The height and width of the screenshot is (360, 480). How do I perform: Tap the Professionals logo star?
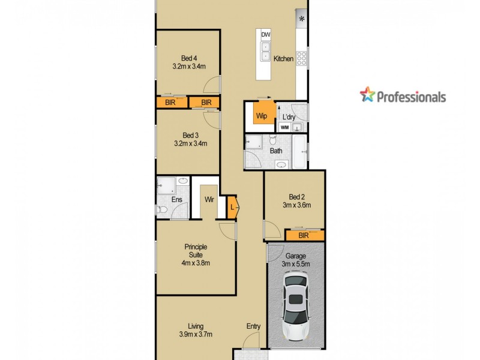(367, 95)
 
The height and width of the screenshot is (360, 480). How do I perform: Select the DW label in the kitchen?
(265, 35)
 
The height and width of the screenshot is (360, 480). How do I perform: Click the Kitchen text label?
(283, 59)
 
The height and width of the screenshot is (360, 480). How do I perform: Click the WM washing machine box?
(284, 127)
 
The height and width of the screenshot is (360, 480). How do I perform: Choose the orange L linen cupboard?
(233, 207)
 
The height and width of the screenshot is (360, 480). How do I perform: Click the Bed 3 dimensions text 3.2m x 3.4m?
(190, 144)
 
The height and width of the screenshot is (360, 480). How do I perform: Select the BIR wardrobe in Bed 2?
(304, 236)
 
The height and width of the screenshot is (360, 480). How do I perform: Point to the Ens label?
(177, 199)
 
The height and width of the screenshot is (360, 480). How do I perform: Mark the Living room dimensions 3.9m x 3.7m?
(196, 335)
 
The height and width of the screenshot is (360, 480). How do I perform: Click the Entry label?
(253, 326)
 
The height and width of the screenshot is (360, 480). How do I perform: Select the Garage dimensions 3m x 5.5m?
(296, 265)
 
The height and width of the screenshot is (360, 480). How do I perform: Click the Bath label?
(276, 151)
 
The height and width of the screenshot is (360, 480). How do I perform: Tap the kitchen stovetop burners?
(302, 58)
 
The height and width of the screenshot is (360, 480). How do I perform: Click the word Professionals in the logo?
(411, 97)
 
